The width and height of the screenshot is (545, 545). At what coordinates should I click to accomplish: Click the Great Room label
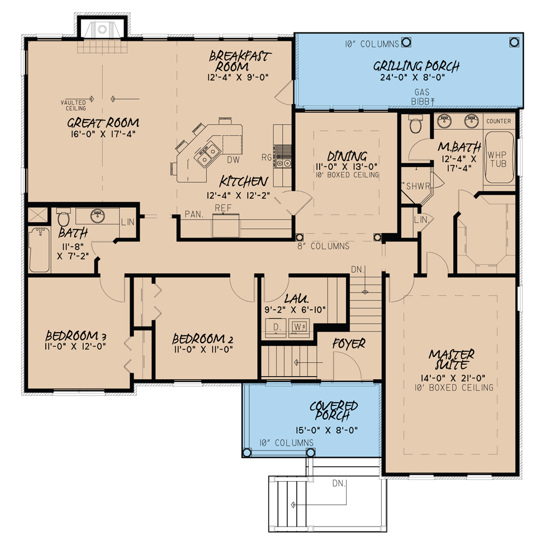(x=103, y=123)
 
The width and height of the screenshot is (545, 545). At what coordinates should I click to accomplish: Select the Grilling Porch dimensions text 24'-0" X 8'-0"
(x=416, y=78)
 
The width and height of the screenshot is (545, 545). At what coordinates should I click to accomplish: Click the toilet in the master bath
(x=415, y=125)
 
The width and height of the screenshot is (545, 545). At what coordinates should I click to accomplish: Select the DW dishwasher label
(x=234, y=160)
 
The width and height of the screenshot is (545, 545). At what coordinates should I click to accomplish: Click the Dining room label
(x=347, y=157)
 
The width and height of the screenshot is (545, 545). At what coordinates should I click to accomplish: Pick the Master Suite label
(x=452, y=359)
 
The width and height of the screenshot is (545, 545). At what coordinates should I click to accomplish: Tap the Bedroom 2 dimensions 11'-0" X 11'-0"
(x=202, y=349)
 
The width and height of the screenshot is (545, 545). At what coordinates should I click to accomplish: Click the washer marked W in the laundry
(x=298, y=326)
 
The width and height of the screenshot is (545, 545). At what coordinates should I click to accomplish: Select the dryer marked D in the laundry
(x=276, y=326)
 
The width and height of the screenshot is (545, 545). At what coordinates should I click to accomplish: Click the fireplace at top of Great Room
(x=102, y=29)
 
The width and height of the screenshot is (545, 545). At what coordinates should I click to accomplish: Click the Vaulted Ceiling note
(x=73, y=105)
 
